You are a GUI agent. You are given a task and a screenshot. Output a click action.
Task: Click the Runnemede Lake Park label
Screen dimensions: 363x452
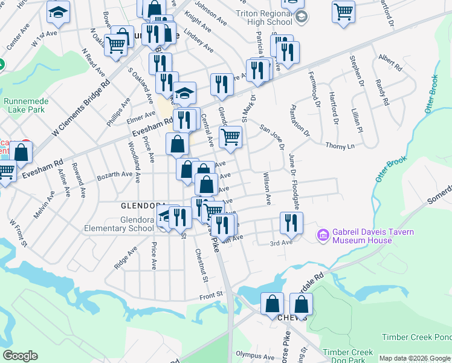24,106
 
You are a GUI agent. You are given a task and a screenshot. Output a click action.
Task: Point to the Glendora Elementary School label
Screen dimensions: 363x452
120,224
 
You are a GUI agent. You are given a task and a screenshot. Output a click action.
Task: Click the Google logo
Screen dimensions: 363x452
20,356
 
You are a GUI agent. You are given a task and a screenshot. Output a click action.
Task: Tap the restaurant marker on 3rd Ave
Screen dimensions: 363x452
291,223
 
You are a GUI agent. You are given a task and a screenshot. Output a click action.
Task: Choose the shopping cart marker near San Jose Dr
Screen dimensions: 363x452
230,137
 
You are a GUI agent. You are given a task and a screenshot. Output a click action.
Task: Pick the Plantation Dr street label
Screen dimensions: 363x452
299,120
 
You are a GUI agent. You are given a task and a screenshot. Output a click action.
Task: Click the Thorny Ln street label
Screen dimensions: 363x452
340,146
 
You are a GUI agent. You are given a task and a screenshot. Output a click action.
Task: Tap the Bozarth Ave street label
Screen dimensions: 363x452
115,174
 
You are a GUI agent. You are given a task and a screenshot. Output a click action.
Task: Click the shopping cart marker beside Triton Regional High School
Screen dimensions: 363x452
343,11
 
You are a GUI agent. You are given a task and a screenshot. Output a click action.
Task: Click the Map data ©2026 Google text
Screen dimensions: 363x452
414,358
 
